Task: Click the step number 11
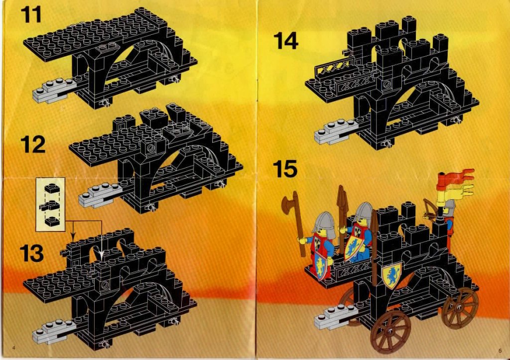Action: point(31,15)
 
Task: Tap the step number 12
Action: point(33,144)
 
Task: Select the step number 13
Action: point(31,253)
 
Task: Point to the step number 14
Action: point(286,41)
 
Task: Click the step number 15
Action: point(285,169)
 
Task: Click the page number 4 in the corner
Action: point(13,348)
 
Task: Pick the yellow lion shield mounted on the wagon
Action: point(391,275)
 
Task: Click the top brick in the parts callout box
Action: point(52,188)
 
